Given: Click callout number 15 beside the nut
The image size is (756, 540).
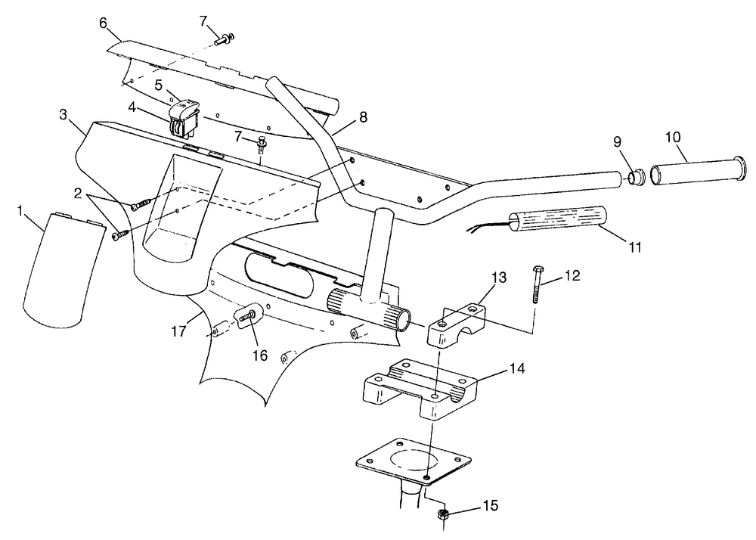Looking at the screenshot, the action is [491, 506].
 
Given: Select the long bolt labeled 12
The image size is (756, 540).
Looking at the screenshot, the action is [537, 284].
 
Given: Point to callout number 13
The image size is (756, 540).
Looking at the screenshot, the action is [500, 278].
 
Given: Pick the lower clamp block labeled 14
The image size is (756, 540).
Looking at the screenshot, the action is [420, 388].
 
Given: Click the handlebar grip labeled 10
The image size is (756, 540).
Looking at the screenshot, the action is [698, 170].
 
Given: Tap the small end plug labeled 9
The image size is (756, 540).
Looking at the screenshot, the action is [637, 176].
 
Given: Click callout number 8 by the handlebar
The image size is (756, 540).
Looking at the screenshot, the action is [363, 116].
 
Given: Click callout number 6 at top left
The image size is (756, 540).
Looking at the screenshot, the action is [103, 23].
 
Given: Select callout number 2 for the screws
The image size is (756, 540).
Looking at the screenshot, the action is [78, 194].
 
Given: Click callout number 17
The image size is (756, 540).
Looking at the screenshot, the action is [179, 332].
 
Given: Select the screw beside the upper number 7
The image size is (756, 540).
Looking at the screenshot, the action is [225, 39].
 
